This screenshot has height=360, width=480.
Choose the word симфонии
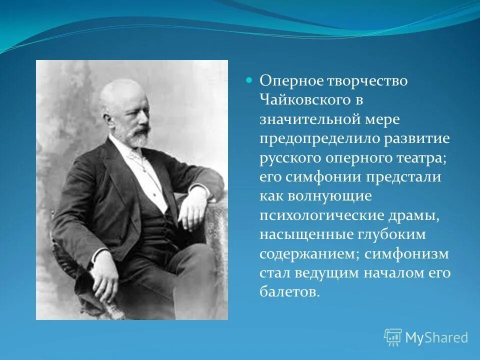tap(321, 177)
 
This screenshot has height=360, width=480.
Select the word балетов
tap(289, 292)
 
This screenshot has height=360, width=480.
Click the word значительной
tap(310, 119)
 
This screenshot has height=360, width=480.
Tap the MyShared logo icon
tap(393, 337)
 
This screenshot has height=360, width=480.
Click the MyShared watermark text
tap(436, 338)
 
